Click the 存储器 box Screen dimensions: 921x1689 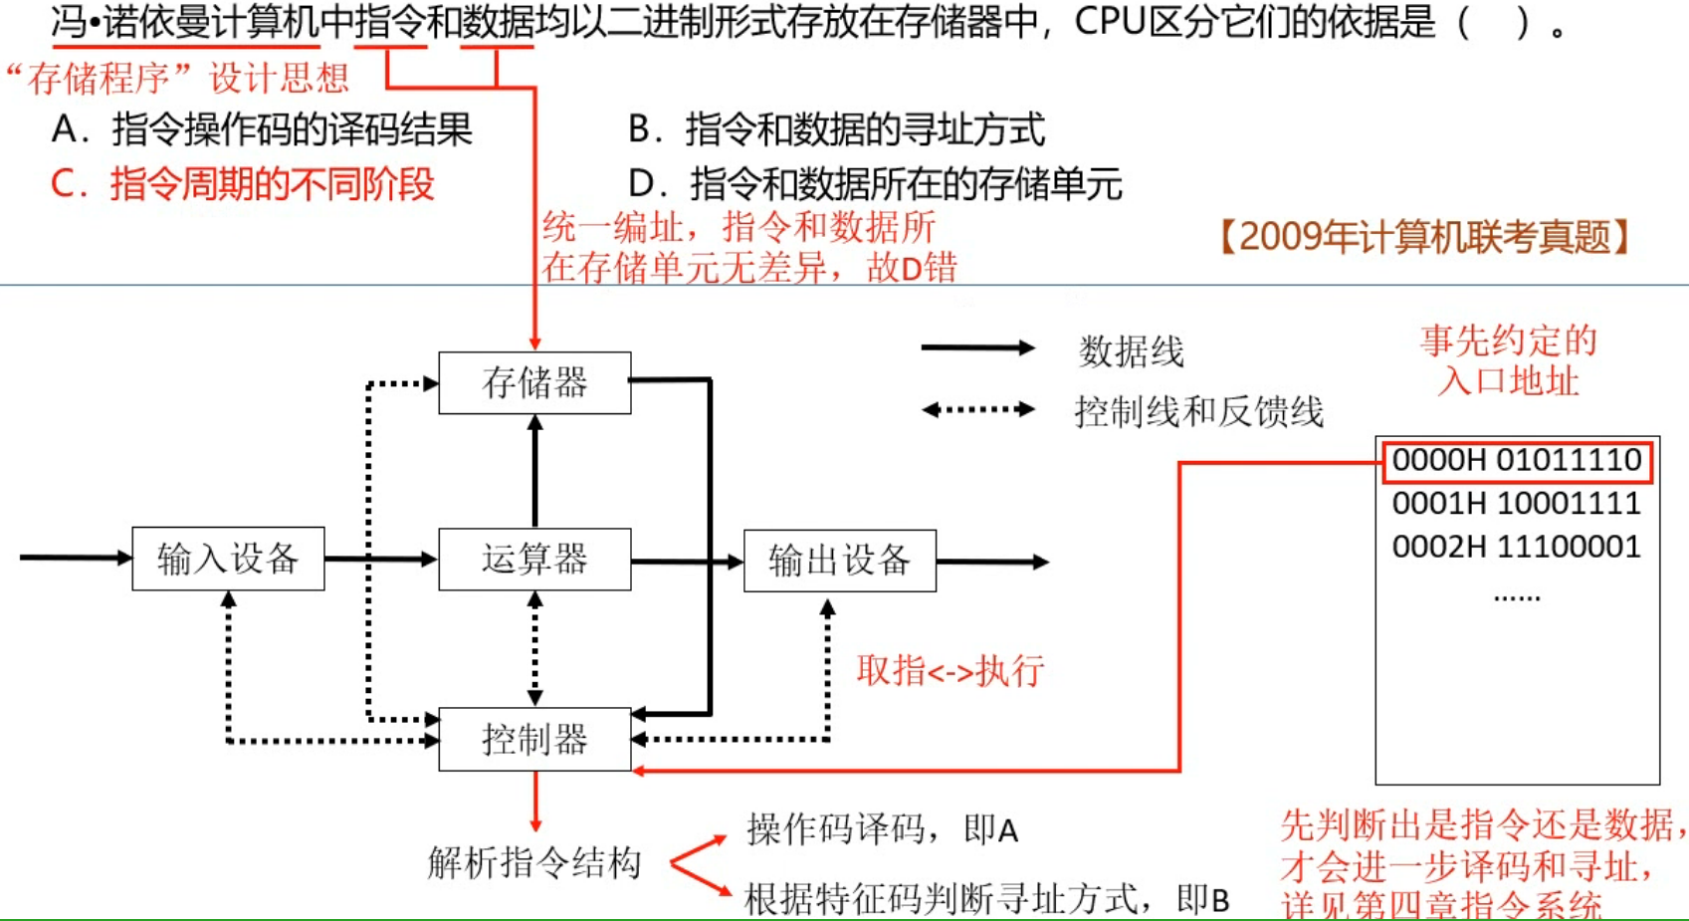pyautogui.click(x=534, y=382)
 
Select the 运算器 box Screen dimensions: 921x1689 pyautogui.click(x=534, y=560)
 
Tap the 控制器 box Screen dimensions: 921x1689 pyautogui.click(x=534, y=739)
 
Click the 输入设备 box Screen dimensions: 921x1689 pyautogui.click(x=228, y=559)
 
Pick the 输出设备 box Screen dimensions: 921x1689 pyautogui.click(x=839, y=561)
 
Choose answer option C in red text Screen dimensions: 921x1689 pyautogui.click(x=243, y=184)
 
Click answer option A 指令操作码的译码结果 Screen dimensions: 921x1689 pyautogui.click(x=262, y=129)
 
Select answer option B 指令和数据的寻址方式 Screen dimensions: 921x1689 pyautogui.click(x=836, y=129)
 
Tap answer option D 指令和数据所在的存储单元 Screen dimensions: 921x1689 pyautogui.click(x=875, y=184)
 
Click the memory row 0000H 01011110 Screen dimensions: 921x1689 pyautogui.click(x=1516, y=461)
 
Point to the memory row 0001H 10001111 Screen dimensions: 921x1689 pyautogui.click(x=1516, y=504)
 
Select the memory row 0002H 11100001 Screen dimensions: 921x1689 pyautogui.click(x=1516, y=547)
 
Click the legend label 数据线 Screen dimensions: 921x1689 pyautogui.click(x=1131, y=351)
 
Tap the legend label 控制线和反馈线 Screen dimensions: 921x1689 pyautogui.click(x=1198, y=411)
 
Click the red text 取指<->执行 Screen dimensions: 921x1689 pyautogui.click(x=950, y=671)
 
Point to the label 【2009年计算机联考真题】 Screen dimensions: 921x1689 pyautogui.click(x=1424, y=237)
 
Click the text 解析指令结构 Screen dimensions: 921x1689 pyautogui.click(x=534, y=862)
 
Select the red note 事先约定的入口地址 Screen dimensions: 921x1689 pyautogui.click(x=1508, y=360)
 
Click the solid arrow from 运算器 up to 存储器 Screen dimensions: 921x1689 pyautogui.click(x=535, y=471)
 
